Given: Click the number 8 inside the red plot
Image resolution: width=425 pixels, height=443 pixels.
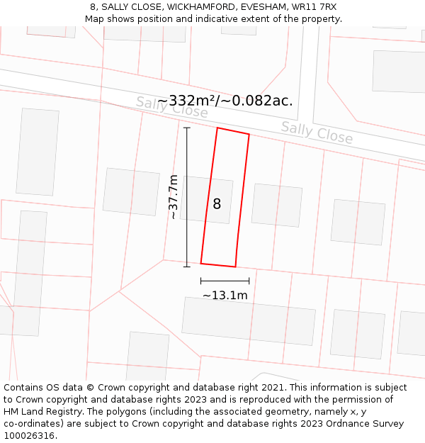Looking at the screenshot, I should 217,204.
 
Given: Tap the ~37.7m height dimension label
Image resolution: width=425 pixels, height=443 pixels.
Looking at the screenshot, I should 174,197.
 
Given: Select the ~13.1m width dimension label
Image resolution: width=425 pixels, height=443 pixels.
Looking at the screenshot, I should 225,295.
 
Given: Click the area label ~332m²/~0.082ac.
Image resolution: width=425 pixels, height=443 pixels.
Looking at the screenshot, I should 225,101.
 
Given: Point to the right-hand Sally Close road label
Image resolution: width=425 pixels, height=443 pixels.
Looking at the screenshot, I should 317,132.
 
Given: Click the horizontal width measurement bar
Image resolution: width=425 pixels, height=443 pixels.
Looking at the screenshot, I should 225,281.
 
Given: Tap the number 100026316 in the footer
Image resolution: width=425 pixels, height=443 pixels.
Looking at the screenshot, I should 28,436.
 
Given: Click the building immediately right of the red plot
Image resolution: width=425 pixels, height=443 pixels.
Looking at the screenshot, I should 277,206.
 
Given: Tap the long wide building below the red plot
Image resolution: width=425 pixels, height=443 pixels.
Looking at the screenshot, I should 248,320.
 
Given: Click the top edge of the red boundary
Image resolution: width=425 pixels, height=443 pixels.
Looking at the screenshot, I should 233,131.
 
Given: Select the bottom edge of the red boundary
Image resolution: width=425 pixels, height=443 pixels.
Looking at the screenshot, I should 218,265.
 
